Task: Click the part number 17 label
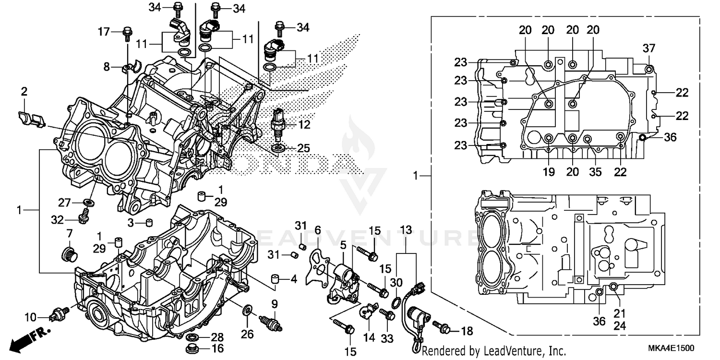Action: pos(104,32)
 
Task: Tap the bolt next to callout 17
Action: pos(127,33)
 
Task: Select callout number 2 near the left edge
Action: pos(24,91)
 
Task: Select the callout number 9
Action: pos(275,303)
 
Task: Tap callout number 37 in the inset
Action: pos(648,48)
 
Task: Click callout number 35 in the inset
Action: pos(595,172)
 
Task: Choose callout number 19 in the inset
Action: pos(549,172)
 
